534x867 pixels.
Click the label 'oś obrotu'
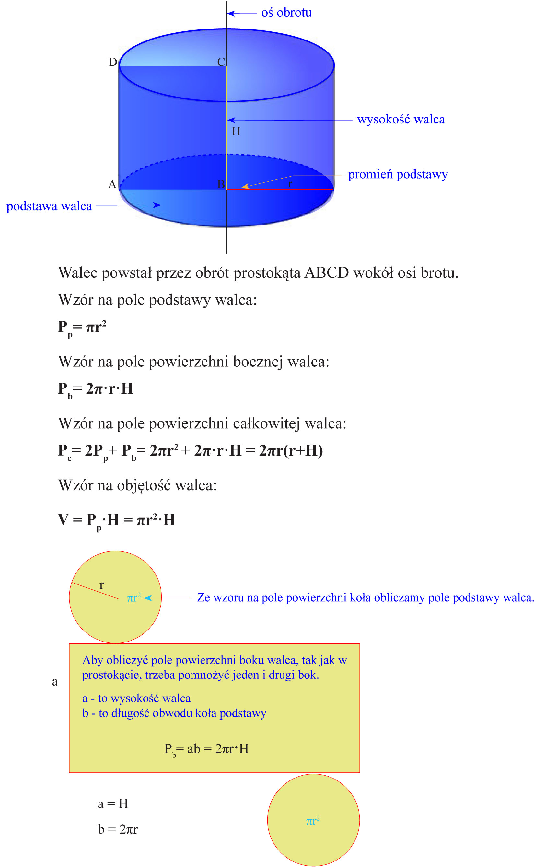coord(286,13)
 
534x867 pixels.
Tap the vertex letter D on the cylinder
coord(113,62)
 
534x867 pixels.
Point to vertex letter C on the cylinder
coord(221,62)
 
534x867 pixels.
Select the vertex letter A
coord(112,184)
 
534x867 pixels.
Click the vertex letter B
coord(221,184)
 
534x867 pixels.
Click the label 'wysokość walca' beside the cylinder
coord(401,120)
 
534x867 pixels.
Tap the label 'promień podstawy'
coord(398,174)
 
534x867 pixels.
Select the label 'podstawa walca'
coord(49,206)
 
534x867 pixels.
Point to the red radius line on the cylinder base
coord(283,190)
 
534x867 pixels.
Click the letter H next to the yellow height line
coord(236,131)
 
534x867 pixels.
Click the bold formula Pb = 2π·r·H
coord(95,389)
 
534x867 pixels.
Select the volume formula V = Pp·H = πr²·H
coord(117,521)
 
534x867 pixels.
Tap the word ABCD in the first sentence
coord(327,273)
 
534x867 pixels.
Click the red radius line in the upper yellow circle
coord(95,591)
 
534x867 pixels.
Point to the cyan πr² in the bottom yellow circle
coord(313,821)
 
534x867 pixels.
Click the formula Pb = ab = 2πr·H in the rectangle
coord(207,749)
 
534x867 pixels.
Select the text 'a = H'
coord(113,804)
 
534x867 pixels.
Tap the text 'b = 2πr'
coord(118,829)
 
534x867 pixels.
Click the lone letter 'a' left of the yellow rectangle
coord(55,682)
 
